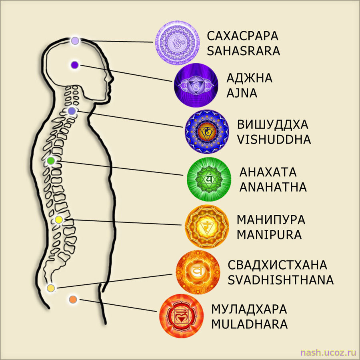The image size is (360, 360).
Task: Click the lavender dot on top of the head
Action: [x=75, y=41]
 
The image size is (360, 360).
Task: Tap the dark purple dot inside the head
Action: [x=75, y=65]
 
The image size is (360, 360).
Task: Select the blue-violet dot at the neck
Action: [x=72, y=111]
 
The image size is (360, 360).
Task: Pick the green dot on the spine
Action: [x=51, y=161]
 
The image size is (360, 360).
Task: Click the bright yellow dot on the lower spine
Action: [x=58, y=220]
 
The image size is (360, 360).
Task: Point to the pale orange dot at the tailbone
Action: [x=51, y=288]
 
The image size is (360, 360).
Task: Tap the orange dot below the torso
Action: [x=73, y=299]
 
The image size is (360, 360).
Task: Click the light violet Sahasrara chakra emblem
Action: [x=177, y=43]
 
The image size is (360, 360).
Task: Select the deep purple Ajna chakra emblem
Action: [x=196, y=85]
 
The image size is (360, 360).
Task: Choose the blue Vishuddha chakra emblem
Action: [x=207, y=132]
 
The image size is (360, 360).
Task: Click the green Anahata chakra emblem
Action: [x=209, y=179]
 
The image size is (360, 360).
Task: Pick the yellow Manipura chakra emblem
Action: [x=207, y=227]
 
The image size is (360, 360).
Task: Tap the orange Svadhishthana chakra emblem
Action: [x=198, y=272]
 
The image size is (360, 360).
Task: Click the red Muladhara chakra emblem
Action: [x=181, y=316]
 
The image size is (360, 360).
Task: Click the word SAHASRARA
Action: [x=243, y=51]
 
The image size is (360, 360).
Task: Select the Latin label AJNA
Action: [x=242, y=93]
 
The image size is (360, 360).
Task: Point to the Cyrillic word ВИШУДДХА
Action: [x=272, y=125]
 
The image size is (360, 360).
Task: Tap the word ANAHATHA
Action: [x=273, y=187]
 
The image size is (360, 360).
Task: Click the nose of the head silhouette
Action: [x=112, y=79]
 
